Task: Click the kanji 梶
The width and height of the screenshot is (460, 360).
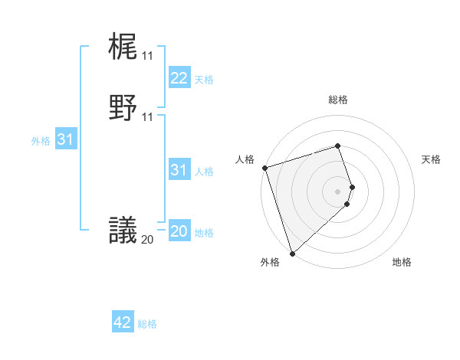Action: pos(123,47)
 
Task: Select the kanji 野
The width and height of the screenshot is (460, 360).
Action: pos(123,108)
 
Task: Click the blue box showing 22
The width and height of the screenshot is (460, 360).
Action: pos(179,78)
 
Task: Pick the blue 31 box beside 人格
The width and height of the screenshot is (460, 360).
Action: pos(179,170)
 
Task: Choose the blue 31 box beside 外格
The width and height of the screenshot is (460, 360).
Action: pos(65,139)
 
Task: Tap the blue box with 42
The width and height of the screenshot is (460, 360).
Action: pos(123,322)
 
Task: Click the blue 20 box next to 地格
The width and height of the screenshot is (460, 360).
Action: pos(179,231)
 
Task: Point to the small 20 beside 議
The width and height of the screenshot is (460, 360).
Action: pos(147,239)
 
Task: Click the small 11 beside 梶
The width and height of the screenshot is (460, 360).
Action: pos(147,56)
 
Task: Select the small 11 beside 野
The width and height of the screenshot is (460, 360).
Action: pos(147,117)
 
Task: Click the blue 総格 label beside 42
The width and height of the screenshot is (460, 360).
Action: pos(147,324)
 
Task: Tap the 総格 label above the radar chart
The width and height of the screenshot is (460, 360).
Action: pos(338,100)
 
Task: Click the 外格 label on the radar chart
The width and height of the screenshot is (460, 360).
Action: pos(270,263)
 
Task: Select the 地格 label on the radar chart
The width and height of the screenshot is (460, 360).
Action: pos(402,263)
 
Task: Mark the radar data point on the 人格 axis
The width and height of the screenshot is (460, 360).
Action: pos(264,168)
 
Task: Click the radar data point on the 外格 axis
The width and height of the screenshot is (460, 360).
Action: pos(292,253)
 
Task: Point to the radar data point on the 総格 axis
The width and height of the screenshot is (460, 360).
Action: pos(338,146)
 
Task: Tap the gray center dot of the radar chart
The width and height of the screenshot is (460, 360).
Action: pos(338,191)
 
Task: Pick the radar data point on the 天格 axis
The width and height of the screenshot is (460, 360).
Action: pos(353,187)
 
